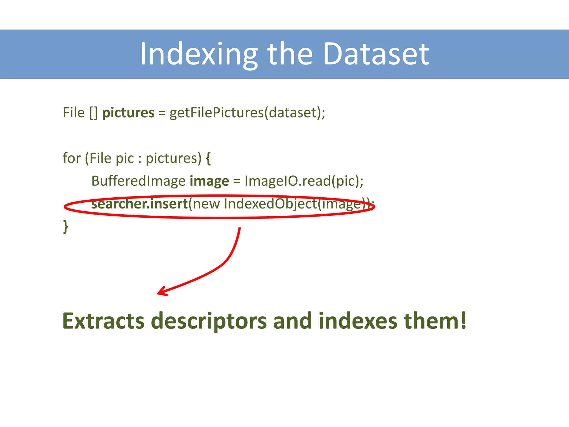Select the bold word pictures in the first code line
(x=128, y=113)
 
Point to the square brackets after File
(x=93, y=113)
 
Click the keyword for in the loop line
(x=72, y=158)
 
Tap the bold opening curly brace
(x=208, y=158)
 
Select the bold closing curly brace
(x=66, y=226)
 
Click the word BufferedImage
(x=138, y=181)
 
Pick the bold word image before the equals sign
(x=209, y=181)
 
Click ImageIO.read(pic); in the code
(x=304, y=181)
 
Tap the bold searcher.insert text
(x=139, y=204)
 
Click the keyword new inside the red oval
(x=206, y=204)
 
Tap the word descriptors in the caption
(x=209, y=321)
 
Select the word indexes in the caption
(x=358, y=321)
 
